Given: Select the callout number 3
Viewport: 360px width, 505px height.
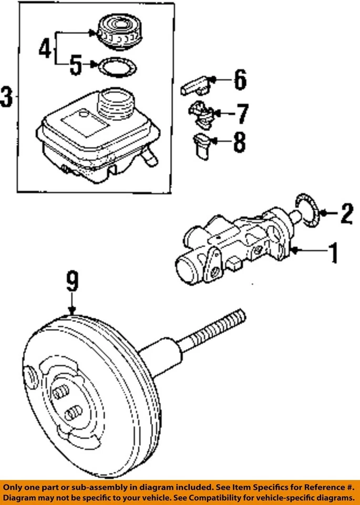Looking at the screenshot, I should pos(7,97).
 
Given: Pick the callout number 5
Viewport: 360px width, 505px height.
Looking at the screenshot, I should pos(76,66).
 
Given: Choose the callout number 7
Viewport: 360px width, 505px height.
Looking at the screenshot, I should pos(242,113).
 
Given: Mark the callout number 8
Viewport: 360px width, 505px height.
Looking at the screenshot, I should pos(239,142).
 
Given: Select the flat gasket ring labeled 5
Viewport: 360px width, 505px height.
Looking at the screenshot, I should pos(117,66).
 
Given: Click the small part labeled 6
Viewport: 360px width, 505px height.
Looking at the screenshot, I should pos(196,85).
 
